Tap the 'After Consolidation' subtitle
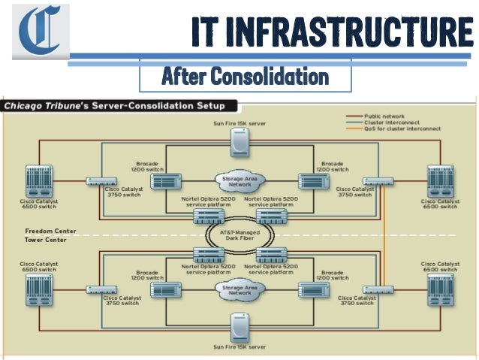coord(246,76)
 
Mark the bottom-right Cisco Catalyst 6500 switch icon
coord(441,289)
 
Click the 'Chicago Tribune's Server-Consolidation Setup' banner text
coord(119,106)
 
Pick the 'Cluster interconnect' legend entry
coord(391,123)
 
